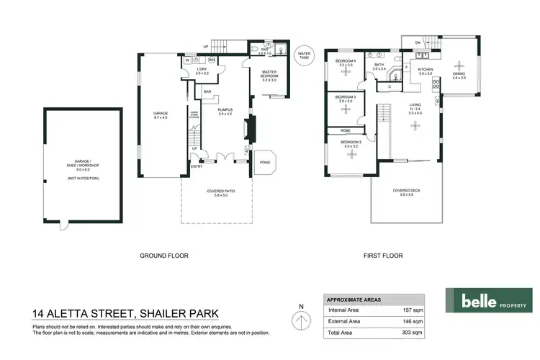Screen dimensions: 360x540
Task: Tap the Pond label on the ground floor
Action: tap(265, 162)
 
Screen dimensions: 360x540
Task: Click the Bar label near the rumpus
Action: tap(207, 92)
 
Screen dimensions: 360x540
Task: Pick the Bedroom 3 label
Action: tap(345, 99)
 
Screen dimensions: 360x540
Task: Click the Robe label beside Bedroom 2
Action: tap(346, 130)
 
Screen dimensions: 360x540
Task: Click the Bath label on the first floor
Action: tap(379, 65)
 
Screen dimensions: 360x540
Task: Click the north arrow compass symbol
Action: tap(300, 318)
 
